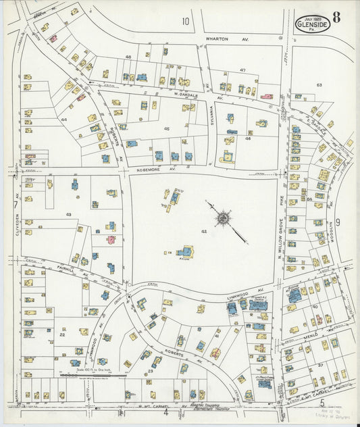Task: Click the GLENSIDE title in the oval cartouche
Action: (313, 25)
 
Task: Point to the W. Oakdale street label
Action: (183, 96)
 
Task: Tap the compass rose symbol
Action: (224, 218)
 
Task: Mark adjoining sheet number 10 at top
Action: (185, 22)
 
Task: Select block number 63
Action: (319, 85)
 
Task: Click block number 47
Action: (242, 70)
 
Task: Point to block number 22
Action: (61, 334)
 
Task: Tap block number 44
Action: (64, 119)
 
